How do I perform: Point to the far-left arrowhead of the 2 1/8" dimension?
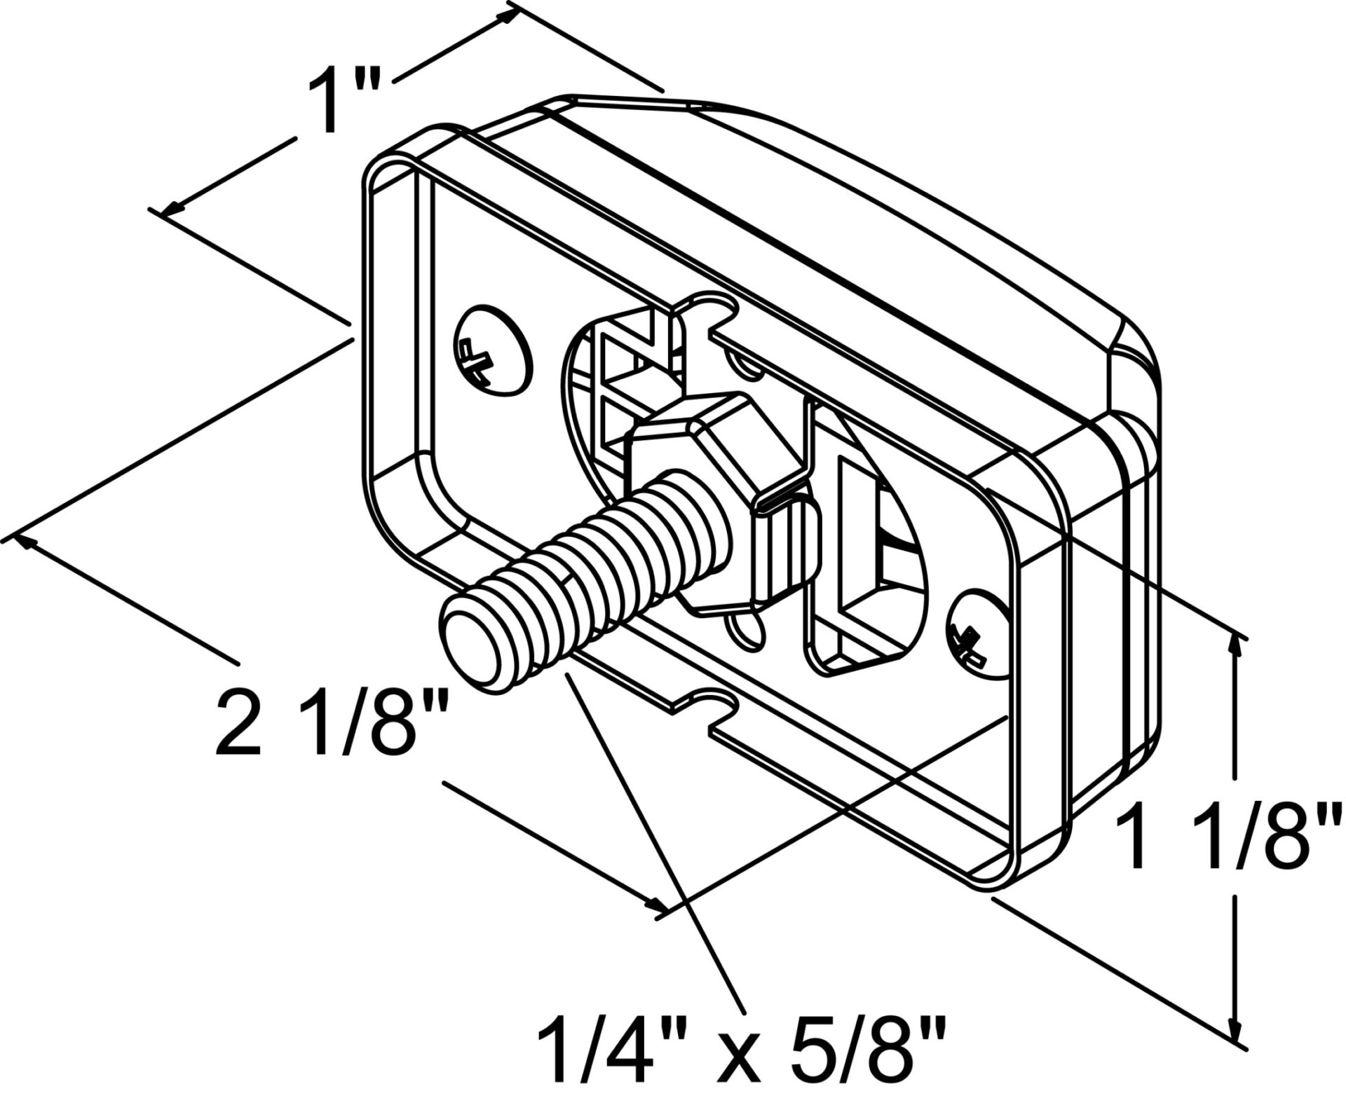(x=27, y=540)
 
